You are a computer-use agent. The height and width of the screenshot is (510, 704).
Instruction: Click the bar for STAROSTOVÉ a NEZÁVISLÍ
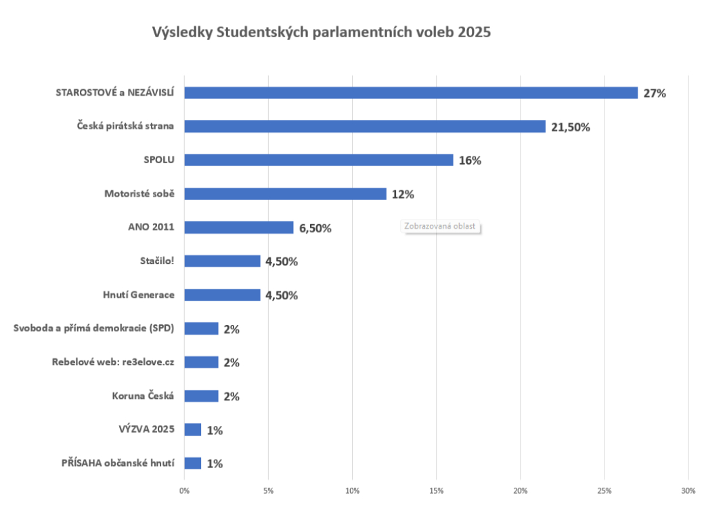(x=411, y=93)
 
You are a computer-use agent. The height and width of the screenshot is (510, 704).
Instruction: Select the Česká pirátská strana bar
(x=364, y=127)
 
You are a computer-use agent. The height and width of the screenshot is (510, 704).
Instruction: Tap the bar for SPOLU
(x=318, y=160)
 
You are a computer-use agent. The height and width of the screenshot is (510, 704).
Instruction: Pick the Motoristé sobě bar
(x=285, y=194)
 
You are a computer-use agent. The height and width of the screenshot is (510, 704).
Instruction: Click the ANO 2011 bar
(x=238, y=228)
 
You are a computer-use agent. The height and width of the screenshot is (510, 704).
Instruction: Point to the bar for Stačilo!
(x=222, y=261)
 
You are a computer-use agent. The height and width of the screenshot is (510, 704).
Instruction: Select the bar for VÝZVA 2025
(x=192, y=429)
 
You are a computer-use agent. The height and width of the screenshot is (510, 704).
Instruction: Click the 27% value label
(x=655, y=93)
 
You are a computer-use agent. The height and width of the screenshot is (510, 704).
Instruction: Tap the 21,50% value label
(x=570, y=127)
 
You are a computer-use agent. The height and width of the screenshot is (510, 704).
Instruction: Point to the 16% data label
(x=470, y=161)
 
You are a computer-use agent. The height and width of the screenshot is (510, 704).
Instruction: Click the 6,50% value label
(x=315, y=228)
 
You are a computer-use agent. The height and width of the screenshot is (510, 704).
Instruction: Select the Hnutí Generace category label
(x=139, y=295)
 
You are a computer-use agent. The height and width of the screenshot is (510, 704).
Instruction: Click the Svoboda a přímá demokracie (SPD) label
(x=94, y=328)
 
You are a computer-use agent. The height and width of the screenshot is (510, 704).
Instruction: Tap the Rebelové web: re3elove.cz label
(x=113, y=362)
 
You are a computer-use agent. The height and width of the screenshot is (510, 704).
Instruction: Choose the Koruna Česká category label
(x=143, y=396)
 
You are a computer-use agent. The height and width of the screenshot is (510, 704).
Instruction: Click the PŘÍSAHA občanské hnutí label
(x=118, y=463)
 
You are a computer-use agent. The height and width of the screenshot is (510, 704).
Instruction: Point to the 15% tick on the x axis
(x=436, y=490)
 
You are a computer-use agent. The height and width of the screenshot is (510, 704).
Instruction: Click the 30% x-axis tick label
(x=688, y=490)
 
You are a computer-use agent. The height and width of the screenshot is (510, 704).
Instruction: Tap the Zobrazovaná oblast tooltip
(x=440, y=226)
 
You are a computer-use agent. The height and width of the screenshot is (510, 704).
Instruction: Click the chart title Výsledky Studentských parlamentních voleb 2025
(x=321, y=32)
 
